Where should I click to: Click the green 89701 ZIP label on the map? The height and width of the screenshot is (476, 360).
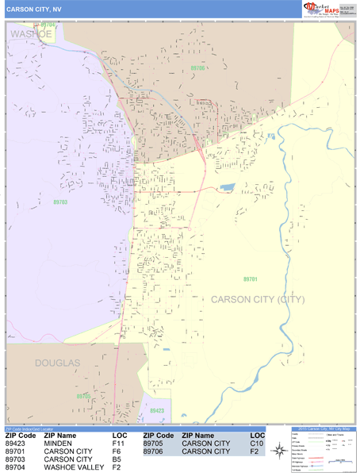tap(251, 279)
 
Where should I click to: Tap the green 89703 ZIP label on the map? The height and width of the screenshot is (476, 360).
tap(60, 202)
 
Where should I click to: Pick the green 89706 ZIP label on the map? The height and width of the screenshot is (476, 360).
tap(197, 68)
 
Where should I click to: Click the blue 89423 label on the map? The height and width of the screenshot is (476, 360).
tap(157, 410)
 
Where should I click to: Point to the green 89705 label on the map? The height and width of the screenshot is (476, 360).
tap(83, 395)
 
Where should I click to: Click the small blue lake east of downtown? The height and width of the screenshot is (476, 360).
tap(228, 188)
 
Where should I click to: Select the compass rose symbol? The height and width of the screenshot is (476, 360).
tap(278, 451)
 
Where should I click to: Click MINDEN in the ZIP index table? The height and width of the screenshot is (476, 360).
tap(58, 443)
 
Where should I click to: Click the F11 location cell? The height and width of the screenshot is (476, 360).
tap(119, 443)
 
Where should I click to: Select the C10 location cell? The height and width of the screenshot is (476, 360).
tap(256, 443)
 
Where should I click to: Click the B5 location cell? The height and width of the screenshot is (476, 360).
tap(117, 459)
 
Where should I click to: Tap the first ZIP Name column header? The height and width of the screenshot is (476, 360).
tap(60, 436)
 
